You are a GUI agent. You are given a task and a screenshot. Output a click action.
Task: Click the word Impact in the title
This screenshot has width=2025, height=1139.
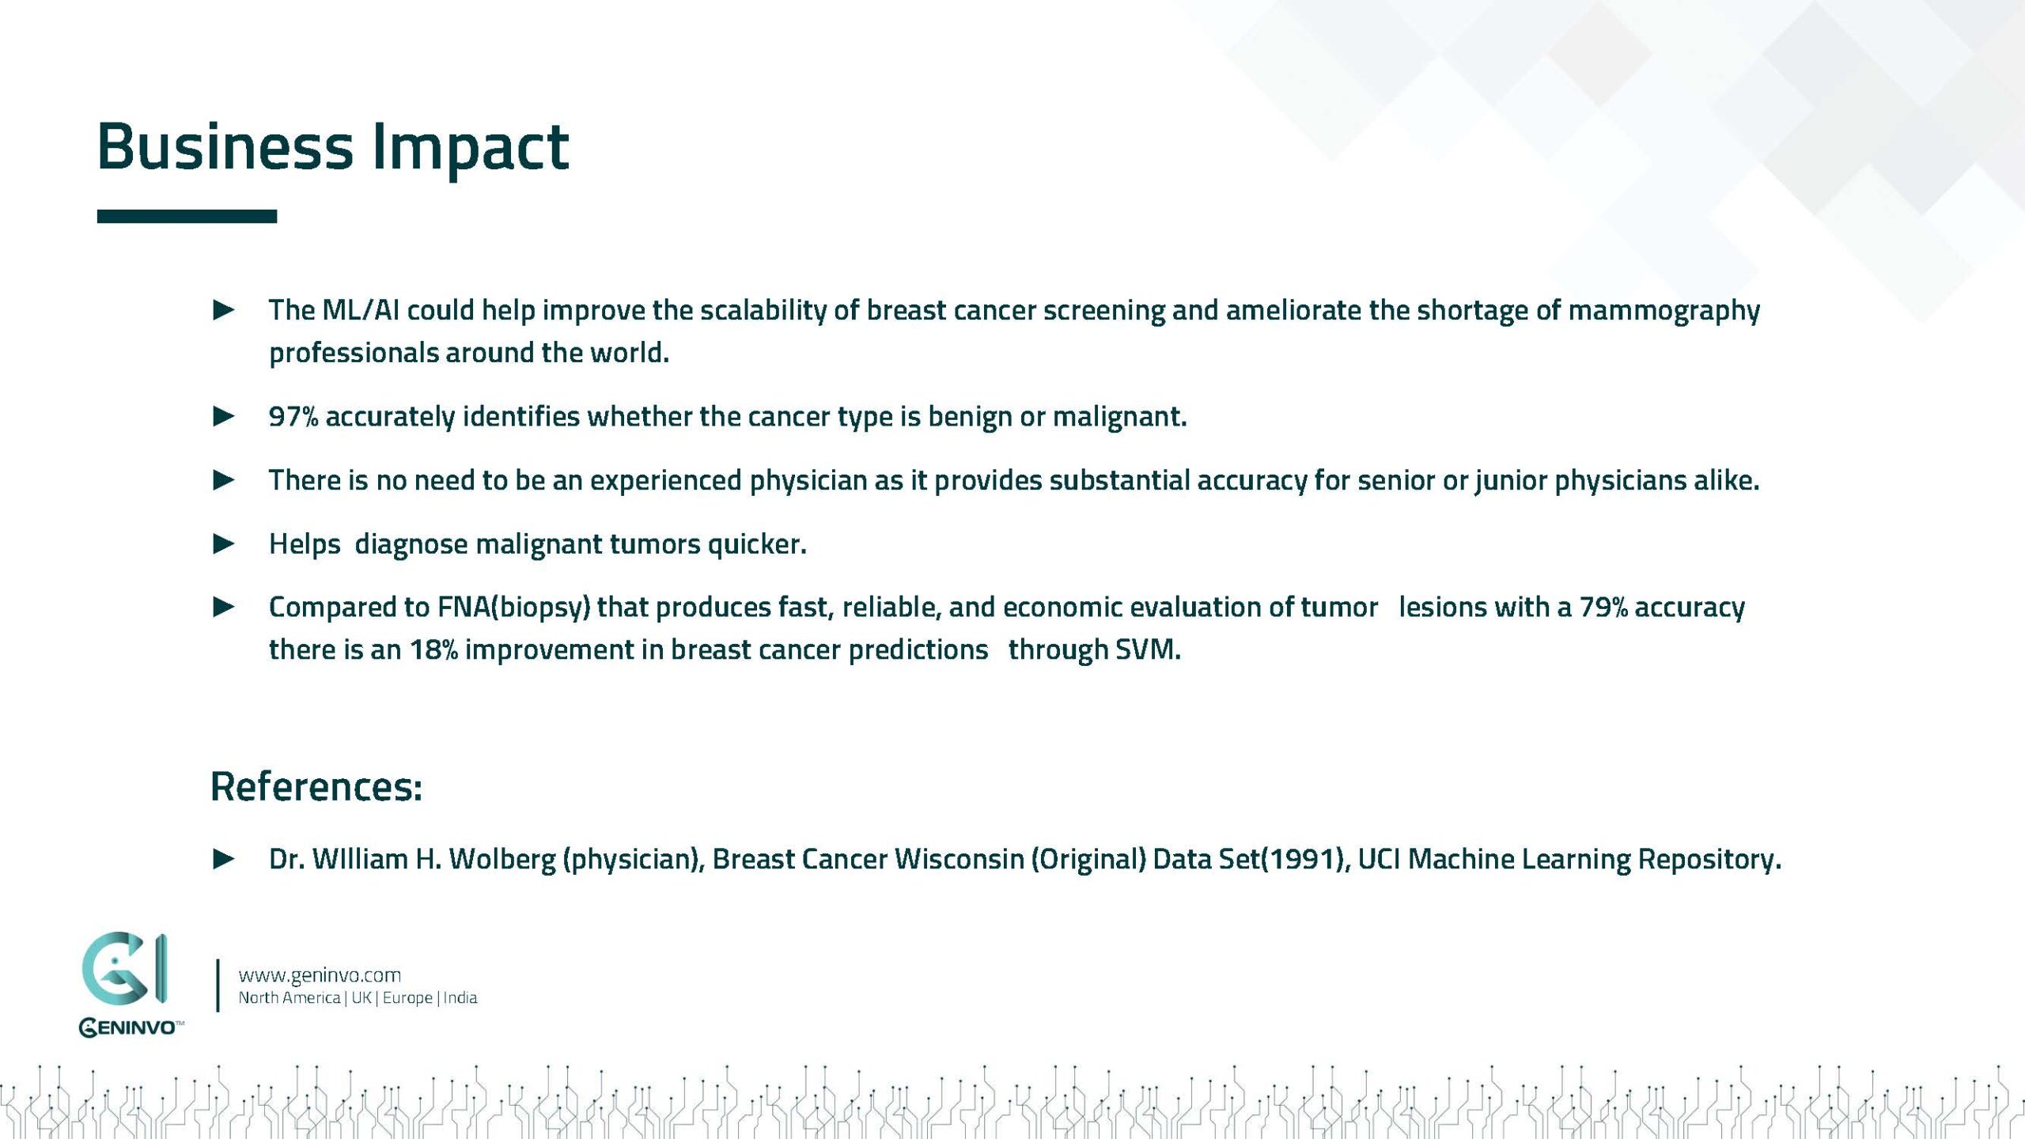point(470,148)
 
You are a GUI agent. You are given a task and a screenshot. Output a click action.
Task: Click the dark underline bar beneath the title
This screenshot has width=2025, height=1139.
point(187,216)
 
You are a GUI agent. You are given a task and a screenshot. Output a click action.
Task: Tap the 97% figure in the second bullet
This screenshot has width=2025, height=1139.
point(293,416)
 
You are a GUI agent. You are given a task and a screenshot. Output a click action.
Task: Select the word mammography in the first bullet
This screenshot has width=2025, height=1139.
point(1664,310)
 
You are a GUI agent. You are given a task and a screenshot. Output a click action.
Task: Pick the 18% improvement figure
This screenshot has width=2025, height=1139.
point(433,649)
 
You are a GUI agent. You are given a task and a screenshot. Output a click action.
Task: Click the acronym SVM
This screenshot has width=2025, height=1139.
point(1147,649)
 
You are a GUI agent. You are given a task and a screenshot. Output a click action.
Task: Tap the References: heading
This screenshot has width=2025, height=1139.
point(316,786)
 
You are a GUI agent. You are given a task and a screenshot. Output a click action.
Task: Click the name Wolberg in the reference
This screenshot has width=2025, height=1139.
point(502,859)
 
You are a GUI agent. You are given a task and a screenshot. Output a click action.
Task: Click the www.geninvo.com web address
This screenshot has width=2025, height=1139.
point(320,975)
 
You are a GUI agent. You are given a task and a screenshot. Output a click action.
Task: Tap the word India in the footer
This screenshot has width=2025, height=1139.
point(460,998)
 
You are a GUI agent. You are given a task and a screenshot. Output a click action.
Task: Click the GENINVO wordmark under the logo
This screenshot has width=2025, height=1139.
point(131,1027)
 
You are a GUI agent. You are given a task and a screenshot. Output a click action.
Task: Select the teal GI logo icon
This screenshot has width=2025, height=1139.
point(124,968)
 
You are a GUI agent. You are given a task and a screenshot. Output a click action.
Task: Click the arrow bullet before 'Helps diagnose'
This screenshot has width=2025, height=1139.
point(224,543)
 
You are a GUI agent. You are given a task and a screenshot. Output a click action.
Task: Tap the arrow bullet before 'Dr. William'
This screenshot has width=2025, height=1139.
point(224,859)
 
